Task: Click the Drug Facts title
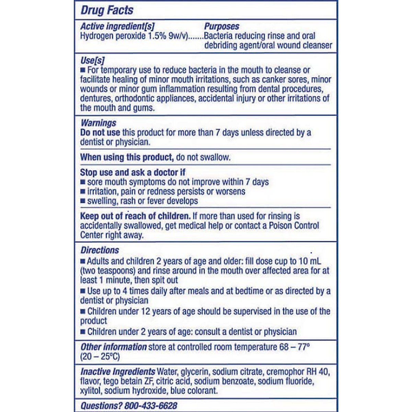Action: (107, 10)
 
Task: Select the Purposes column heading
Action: (221, 26)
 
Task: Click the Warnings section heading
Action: (98, 123)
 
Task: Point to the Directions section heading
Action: (100, 250)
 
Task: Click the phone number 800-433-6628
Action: (151, 405)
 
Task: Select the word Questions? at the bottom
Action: (101, 405)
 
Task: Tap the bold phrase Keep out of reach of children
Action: (135, 216)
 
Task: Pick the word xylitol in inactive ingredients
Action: (91, 391)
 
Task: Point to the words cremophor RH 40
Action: (298, 371)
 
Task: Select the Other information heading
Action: (114, 347)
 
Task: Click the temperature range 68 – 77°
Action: (295, 347)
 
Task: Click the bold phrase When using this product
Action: (127, 157)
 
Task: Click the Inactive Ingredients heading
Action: (118, 371)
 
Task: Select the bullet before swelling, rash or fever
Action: (82, 201)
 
